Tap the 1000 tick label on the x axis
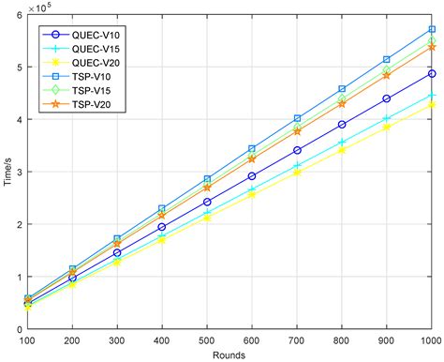(431, 340)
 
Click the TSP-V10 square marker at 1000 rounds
(431, 29)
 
